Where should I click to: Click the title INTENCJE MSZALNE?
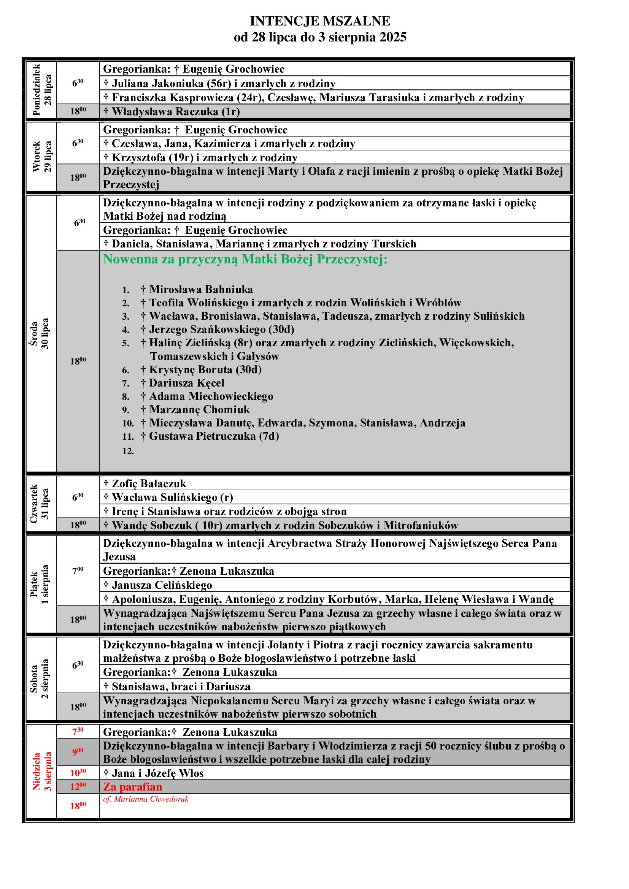pyautogui.click(x=319, y=21)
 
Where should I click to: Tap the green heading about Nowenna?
pyautogui.click(x=245, y=259)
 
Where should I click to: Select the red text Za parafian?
pyautogui.click(x=132, y=786)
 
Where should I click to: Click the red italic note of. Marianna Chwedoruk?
pyautogui.click(x=146, y=799)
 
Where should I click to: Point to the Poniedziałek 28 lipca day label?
pyautogui.click(x=41, y=90)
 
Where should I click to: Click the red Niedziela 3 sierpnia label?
pyautogui.click(x=41, y=771)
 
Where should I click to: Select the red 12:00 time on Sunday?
pyautogui.click(x=78, y=786)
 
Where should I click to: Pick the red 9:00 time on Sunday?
pyautogui.click(x=78, y=752)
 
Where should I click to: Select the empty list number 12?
pyautogui.click(x=128, y=451)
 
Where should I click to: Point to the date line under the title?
pyautogui.click(x=319, y=38)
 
